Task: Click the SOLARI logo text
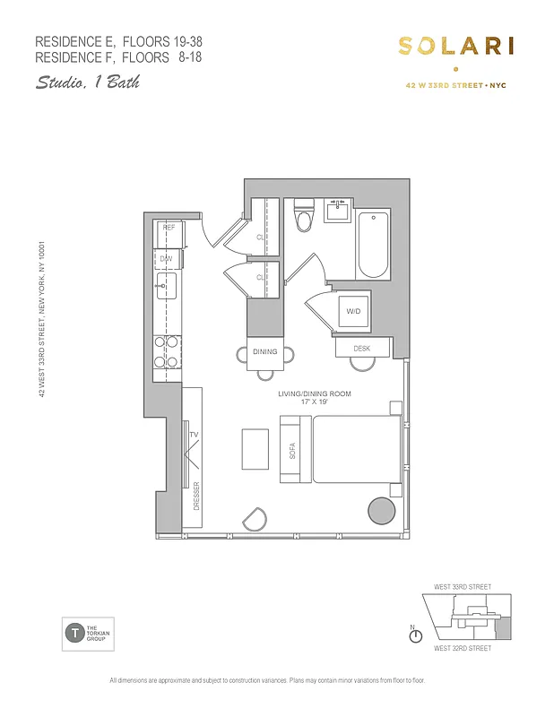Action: pyautogui.click(x=455, y=48)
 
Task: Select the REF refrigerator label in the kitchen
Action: pyautogui.click(x=168, y=229)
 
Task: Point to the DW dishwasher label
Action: pyautogui.click(x=166, y=259)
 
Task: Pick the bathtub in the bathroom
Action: pyautogui.click(x=373, y=245)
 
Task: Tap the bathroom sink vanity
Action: pyautogui.click(x=337, y=211)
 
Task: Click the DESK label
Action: pyautogui.click(x=362, y=348)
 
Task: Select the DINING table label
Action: pyautogui.click(x=264, y=352)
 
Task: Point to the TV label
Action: pyautogui.click(x=193, y=435)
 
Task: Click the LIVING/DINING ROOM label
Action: pyautogui.click(x=313, y=393)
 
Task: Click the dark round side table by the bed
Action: pyautogui.click(x=383, y=513)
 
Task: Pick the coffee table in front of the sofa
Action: pyautogui.click(x=255, y=448)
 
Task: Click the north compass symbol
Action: pyautogui.click(x=415, y=635)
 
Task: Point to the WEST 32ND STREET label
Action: pyautogui.click(x=462, y=647)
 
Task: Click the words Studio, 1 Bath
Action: pyautogui.click(x=88, y=82)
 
